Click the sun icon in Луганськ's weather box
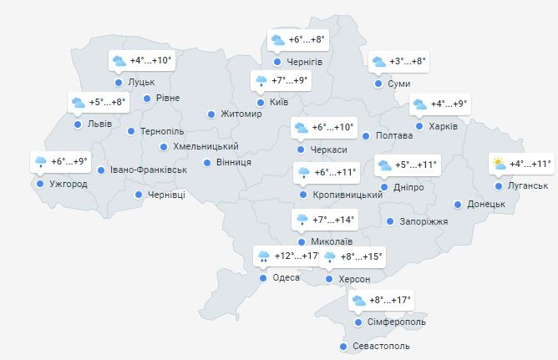(499, 164)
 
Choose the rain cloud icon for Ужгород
(39, 162)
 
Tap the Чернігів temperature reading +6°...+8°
(306, 39)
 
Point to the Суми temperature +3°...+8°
(408, 62)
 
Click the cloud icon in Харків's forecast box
(418, 105)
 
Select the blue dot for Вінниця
(206, 162)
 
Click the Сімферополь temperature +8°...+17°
(391, 300)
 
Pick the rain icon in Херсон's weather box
(330, 257)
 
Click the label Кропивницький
(347, 195)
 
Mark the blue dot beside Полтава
(365, 135)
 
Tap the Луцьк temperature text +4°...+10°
(151, 60)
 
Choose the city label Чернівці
(166, 195)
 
